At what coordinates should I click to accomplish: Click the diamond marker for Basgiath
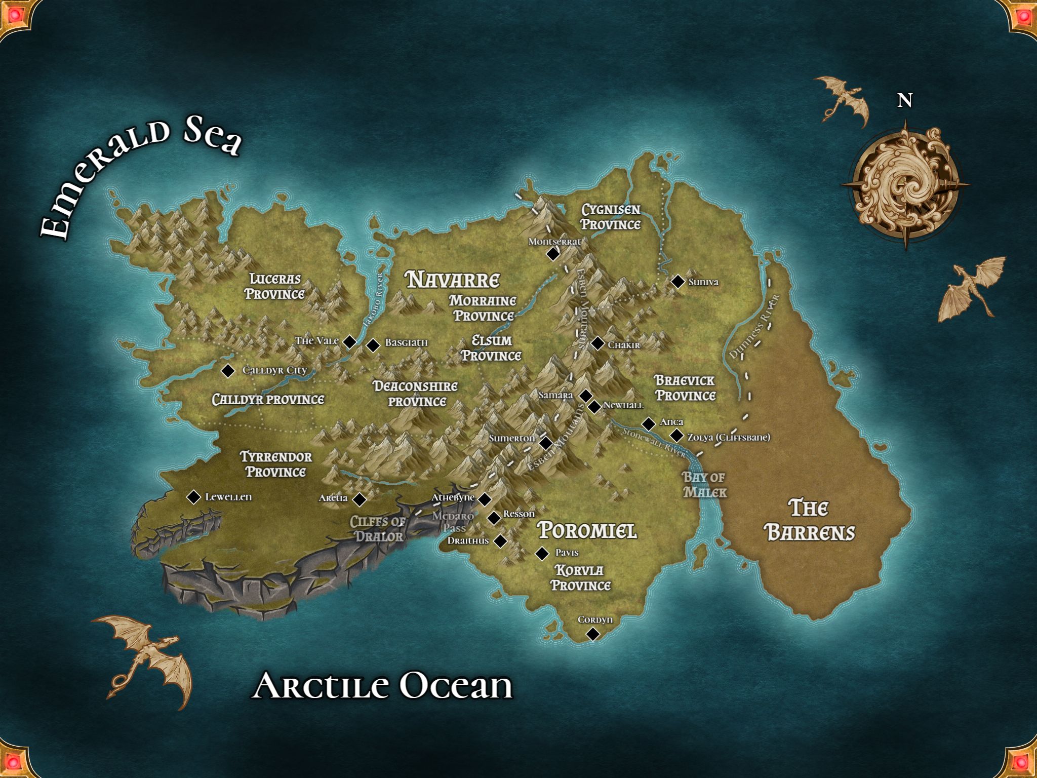tap(373, 345)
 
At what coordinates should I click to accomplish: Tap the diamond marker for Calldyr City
tap(228, 371)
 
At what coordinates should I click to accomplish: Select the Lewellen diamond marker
tap(193, 497)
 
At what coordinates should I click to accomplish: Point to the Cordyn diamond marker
tap(593, 634)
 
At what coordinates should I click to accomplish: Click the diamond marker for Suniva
tap(677, 282)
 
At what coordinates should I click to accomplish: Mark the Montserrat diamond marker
tap(553, 254)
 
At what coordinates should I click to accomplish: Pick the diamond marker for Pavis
tap(542, 554)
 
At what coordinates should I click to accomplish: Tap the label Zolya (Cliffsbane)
tap(728, 437)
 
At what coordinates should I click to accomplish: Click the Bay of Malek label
tap(704, 485)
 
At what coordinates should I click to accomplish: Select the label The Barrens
tap(809, 520)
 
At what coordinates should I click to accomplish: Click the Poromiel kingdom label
tap(587, 530)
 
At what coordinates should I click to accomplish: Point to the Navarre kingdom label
tap(453, 280)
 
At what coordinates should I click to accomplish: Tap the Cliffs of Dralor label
tap(378, 529)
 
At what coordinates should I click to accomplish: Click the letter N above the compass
tap(905, 101)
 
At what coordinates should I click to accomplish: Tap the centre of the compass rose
tap(905, 185)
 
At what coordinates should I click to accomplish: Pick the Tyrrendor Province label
tap(275, 464)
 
